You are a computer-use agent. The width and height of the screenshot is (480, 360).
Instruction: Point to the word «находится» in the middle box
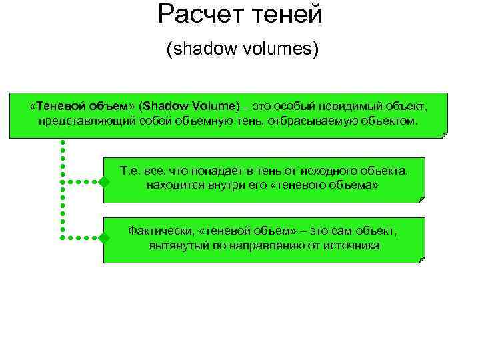(x=173, y=185)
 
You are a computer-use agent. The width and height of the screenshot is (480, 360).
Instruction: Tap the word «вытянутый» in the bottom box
(x=176, y=245)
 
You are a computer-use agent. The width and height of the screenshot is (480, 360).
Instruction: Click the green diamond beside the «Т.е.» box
(x=104, y=181)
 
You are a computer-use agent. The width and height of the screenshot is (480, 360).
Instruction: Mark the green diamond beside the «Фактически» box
(x=104, y=237)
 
